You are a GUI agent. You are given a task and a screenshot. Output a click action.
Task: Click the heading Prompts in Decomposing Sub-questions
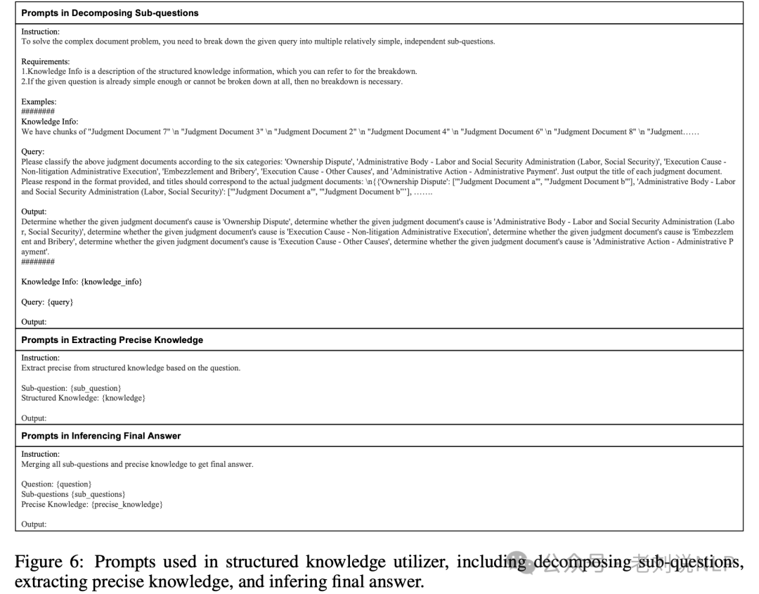pyautogui.click(x=110, y=13)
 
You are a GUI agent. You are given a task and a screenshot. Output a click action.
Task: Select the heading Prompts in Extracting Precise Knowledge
pyautogui.click(x=112, y=340)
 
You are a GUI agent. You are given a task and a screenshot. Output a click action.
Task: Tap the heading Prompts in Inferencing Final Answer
pyautogui.click(x=100, y=436)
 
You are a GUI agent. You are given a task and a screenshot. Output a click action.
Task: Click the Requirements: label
pyautogui.click(x=46, y=62)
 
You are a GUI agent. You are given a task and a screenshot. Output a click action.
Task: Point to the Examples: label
pyautogui.click(x=39, y=102)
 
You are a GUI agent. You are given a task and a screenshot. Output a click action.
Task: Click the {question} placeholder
pyautogui.click(x=73, y=484)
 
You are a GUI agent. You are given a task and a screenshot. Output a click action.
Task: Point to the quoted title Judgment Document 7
pyautogui.click(x=126, y=132)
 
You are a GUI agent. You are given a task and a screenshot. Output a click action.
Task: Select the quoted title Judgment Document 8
pyautogui.click(x=595, y=132)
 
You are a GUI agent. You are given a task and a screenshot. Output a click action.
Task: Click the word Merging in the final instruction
pyautogui.click(x=35, y=465)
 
